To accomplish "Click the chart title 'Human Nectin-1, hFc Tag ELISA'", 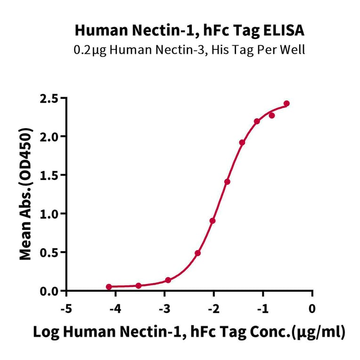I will tap(189, 31).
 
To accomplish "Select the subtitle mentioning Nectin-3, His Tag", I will tap(189, 49).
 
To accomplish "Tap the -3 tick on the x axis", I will tap(164, 309).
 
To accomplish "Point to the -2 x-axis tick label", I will tap(213, 309).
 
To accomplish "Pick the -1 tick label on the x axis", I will tap(262, 309).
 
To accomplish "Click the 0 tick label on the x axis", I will tap(312, 309).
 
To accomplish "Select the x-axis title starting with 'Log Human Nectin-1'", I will tap(189, 332).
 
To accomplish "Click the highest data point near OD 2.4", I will tap(286, 104).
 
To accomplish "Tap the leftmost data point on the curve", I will tap(109, 286).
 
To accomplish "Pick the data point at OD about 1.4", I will tap(227, 181).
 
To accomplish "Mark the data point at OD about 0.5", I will tap(197, 253).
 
